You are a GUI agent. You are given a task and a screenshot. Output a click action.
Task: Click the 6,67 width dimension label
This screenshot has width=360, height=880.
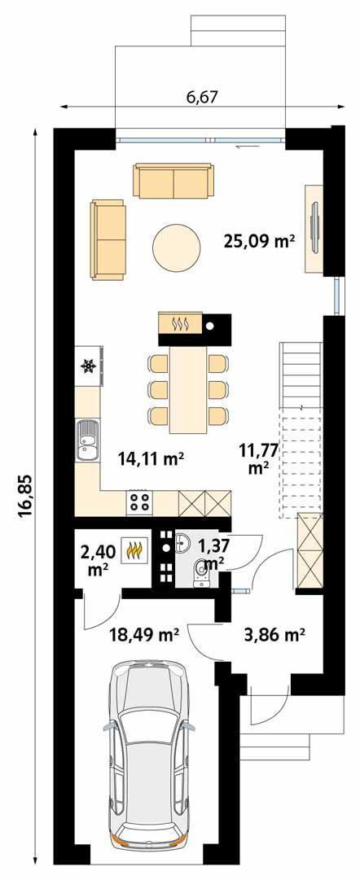203,98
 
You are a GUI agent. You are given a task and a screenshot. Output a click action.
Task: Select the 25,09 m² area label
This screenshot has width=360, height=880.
258,240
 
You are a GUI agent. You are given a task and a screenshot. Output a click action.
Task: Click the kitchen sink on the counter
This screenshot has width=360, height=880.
86,442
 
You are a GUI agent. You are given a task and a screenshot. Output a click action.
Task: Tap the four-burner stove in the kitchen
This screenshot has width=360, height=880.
138,502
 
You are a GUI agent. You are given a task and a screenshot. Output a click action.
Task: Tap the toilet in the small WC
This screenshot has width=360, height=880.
198,576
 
